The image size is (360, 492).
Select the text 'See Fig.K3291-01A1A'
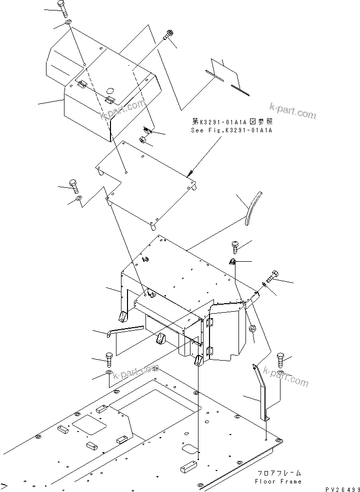(x=233, y=130)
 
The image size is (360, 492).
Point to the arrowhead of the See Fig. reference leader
(x=190, y=175)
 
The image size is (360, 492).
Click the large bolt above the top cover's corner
(x=62, y=8)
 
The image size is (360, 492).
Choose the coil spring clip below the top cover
(x=146, y=131)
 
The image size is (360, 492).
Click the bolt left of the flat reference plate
(x=74, y=186)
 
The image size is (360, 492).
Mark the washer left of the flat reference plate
(x=78, y=200)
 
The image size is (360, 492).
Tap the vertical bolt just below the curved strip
(x=235, y=245)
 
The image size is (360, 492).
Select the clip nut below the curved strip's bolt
(x=232, y=262)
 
